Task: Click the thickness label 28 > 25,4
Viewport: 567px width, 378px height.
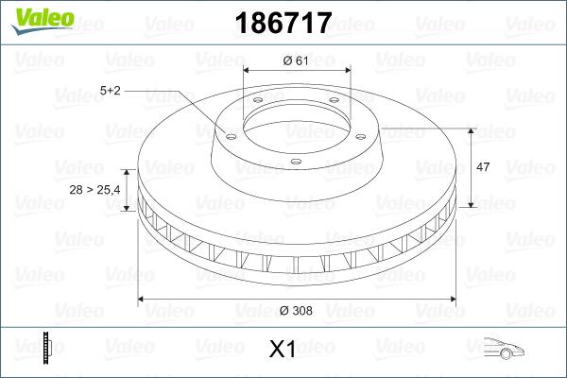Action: (94, 190)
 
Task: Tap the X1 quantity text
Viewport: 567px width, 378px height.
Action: (283, 350)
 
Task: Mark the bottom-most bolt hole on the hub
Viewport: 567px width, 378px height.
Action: (296, 162)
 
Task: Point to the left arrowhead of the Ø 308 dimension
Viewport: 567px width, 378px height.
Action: (142, 300)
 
